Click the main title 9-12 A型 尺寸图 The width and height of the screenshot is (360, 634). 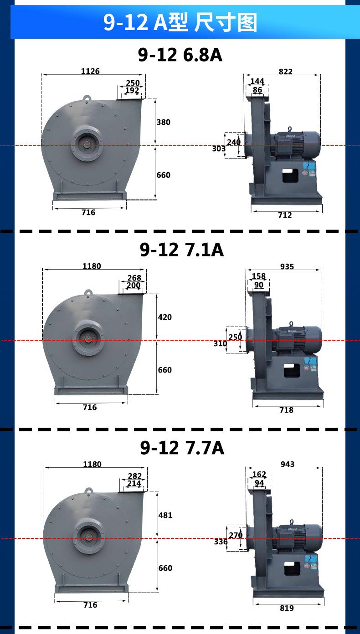pyautogui.click(x=180, y=22)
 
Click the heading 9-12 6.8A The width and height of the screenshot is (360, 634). pyautogui.click(x=180, y=55)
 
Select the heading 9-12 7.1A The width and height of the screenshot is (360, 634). pyautogui.click(x=181, y=250)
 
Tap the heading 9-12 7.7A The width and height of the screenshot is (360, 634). pyautogui.click(x=182, y=448)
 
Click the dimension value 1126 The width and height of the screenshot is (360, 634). pyautogui.click(x=90, y=71)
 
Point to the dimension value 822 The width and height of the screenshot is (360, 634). pyautogui.click(x=286, y=72)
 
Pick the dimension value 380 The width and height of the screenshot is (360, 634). pyautogui.click(x=164, y=122)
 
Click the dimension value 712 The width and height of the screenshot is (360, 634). pyautogui.click(x=285, y=215)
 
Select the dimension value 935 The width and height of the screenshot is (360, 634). pyautogui.click(x=287, y=266)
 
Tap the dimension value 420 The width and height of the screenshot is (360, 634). pyautogui.click(x=165, y=317)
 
